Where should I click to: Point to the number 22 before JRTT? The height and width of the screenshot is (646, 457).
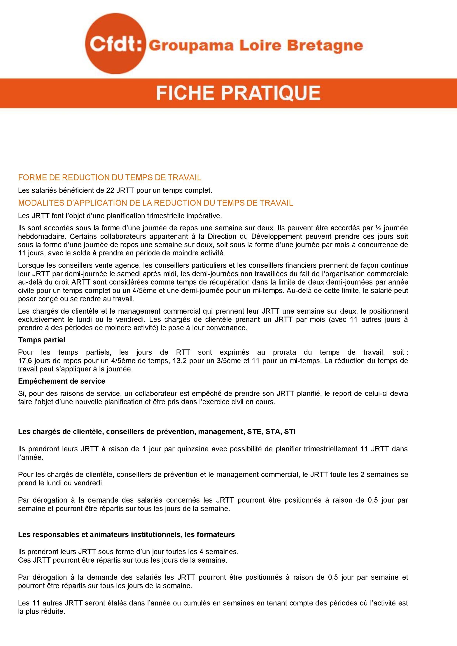[x=110, y=190]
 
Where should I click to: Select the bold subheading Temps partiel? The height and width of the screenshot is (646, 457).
[x=41, y=340]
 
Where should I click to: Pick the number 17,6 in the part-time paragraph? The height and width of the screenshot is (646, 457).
[x=25, y=361]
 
